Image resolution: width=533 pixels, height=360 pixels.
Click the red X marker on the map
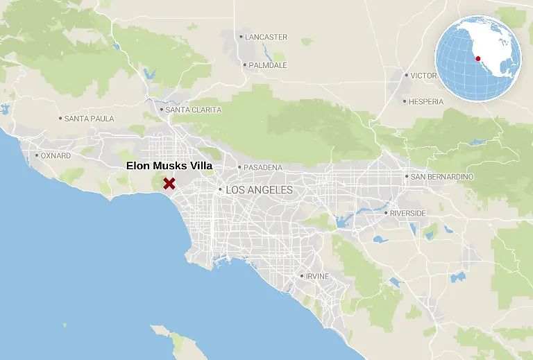[x=169, y=183]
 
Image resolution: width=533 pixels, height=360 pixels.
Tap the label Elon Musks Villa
[x=169, y=166]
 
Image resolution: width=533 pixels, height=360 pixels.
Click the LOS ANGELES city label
[x=260, y=189]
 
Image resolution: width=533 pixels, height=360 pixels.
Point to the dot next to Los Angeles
[x=220, y=189]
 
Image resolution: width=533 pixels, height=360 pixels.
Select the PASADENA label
[x=263, y=167]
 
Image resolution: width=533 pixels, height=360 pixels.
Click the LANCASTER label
[x=266, y=37]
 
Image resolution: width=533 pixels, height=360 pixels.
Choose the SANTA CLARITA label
[x=194, y=110]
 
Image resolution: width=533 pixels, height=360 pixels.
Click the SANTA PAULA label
[x=89, y=119]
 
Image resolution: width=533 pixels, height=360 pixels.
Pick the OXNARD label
[x=56, y=156]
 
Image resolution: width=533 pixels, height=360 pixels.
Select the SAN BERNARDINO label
[x=442, y=177]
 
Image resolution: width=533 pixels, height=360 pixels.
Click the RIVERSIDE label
[x=408, y=213]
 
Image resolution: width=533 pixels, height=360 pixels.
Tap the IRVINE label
[x=317, y=276]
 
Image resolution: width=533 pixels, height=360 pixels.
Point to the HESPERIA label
[x=426, y=101]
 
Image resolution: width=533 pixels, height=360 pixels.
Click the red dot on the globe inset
[x=478, y=58]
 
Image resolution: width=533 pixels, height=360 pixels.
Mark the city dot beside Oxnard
[x=37, y=155]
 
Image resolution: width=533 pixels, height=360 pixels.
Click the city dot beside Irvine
[x=301, y=276]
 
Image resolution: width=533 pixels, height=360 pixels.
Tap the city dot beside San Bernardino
[x=407, y=177]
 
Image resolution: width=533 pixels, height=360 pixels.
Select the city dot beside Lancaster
[x=241, y=37]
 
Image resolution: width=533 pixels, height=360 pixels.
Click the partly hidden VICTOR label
[x=423, y=76]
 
